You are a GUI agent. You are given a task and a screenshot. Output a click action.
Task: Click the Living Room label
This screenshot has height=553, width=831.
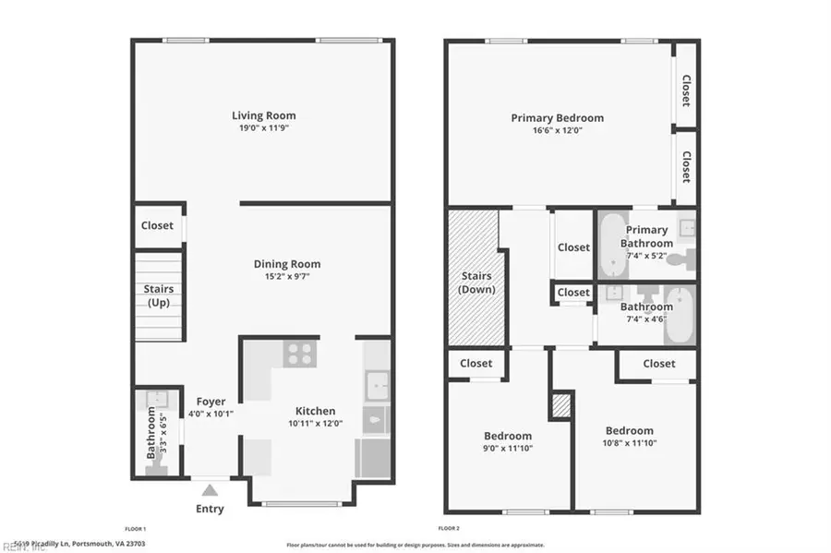pos(263,115)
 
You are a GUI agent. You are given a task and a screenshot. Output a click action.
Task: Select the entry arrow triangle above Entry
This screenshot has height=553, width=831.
pos(210,490)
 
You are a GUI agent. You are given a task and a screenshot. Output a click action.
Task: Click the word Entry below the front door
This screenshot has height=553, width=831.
pos(210,509)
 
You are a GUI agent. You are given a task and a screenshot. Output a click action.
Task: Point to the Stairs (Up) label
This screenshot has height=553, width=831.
pos(158,295)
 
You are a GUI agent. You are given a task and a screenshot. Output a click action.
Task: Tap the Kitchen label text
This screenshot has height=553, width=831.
pos(315,411)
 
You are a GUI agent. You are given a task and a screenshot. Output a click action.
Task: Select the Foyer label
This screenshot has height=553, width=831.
pos(211,402)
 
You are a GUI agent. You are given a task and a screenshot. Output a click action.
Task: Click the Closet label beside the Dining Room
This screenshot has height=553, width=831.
pos(157,225)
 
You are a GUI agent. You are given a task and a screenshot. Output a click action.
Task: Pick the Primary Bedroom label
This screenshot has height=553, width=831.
pos(558,117)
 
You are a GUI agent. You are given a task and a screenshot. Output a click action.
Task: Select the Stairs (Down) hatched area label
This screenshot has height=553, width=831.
pos(476,283)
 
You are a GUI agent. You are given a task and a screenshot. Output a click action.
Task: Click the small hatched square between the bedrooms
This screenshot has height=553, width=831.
pos(561,405)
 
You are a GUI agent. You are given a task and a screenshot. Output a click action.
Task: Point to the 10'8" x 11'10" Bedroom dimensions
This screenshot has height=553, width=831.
pos(629,443)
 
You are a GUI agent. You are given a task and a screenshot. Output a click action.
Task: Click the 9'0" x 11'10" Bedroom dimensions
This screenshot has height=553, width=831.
pos(508,448)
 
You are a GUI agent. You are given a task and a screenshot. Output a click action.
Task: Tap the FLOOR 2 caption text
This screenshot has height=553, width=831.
pos(449,528)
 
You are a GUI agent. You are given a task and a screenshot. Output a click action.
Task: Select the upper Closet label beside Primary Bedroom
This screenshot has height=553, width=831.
pos(686,90)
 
